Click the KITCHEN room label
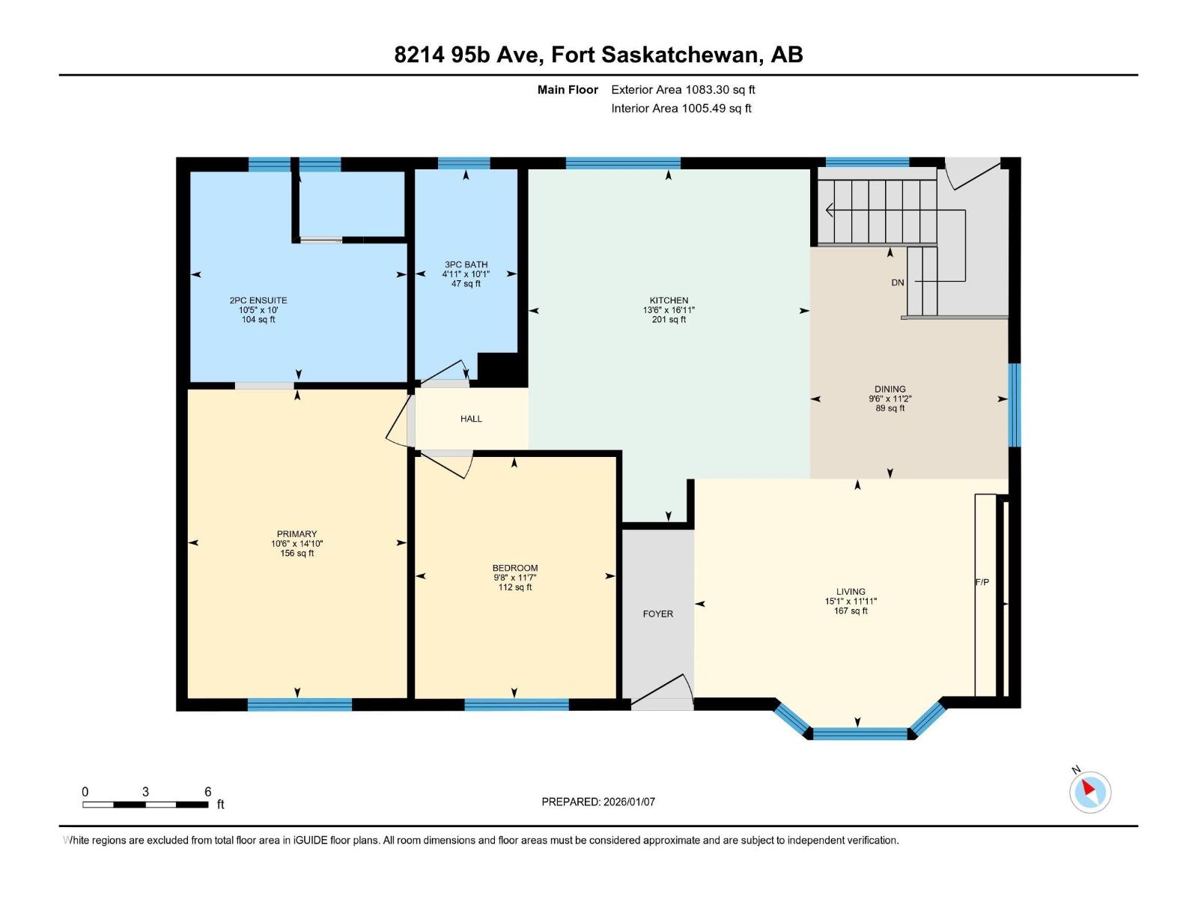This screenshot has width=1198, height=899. pos(669,300)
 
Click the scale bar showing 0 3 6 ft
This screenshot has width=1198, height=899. pos(145,805)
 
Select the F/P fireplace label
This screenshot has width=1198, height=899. pos(982,582)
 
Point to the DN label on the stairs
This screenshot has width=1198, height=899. pos(898,282)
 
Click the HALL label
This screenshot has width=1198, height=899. pos(471,419)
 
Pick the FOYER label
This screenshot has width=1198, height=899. pos(657,614)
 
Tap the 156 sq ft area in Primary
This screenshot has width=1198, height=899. pos(297,554)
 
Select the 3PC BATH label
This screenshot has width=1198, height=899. pos(466,264)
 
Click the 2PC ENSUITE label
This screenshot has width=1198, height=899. pos(258,300)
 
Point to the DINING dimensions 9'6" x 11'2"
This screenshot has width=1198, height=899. pos(890,399)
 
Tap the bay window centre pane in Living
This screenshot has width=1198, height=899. pos(860,733)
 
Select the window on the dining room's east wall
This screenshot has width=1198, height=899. pos(1014,405)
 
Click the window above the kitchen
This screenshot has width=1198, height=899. pos(623,163)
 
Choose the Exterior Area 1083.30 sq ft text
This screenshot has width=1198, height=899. pos(683,90)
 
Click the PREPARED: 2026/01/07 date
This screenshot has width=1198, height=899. pos(598,802)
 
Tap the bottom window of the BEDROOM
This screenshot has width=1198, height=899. pos(516,704)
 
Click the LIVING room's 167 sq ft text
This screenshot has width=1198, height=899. pos(851,611)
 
